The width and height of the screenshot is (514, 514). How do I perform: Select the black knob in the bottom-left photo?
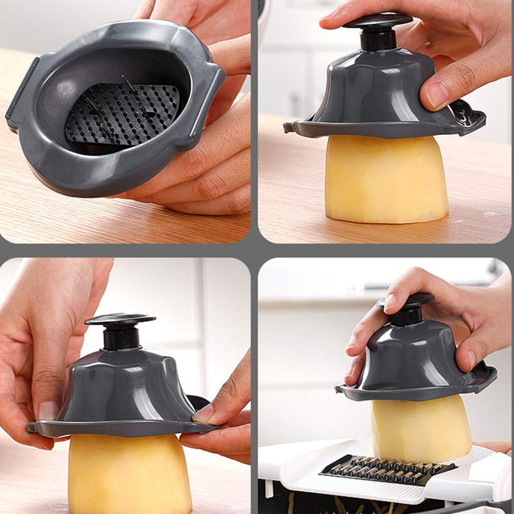[x=120, y=328]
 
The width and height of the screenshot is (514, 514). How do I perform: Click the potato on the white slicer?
[x=421, y=427]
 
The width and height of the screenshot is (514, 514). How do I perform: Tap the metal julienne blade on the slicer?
[x=385, y=468]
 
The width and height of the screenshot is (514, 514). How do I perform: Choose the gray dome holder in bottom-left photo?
[x=122, y=385]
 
